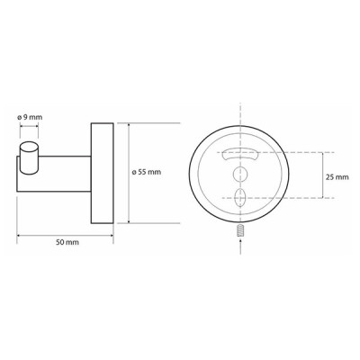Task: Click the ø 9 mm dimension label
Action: pyautogui.click(x=30, y=117)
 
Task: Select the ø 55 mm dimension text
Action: pyautogui.click(x=147, y=172)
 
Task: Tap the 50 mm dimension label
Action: pyautogui.click(x=67, y=242)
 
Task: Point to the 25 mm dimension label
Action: pyautogui.click(x=337, y=177)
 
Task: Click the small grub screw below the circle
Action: pyautogui.click(x=240, y=232)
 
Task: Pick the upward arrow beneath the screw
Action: pyautogui.click(x=240, y=247)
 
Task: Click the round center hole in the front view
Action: pyautogui.click(x=240, y=174)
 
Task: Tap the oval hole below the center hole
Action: pyautogui.click(x=240, y=197)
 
